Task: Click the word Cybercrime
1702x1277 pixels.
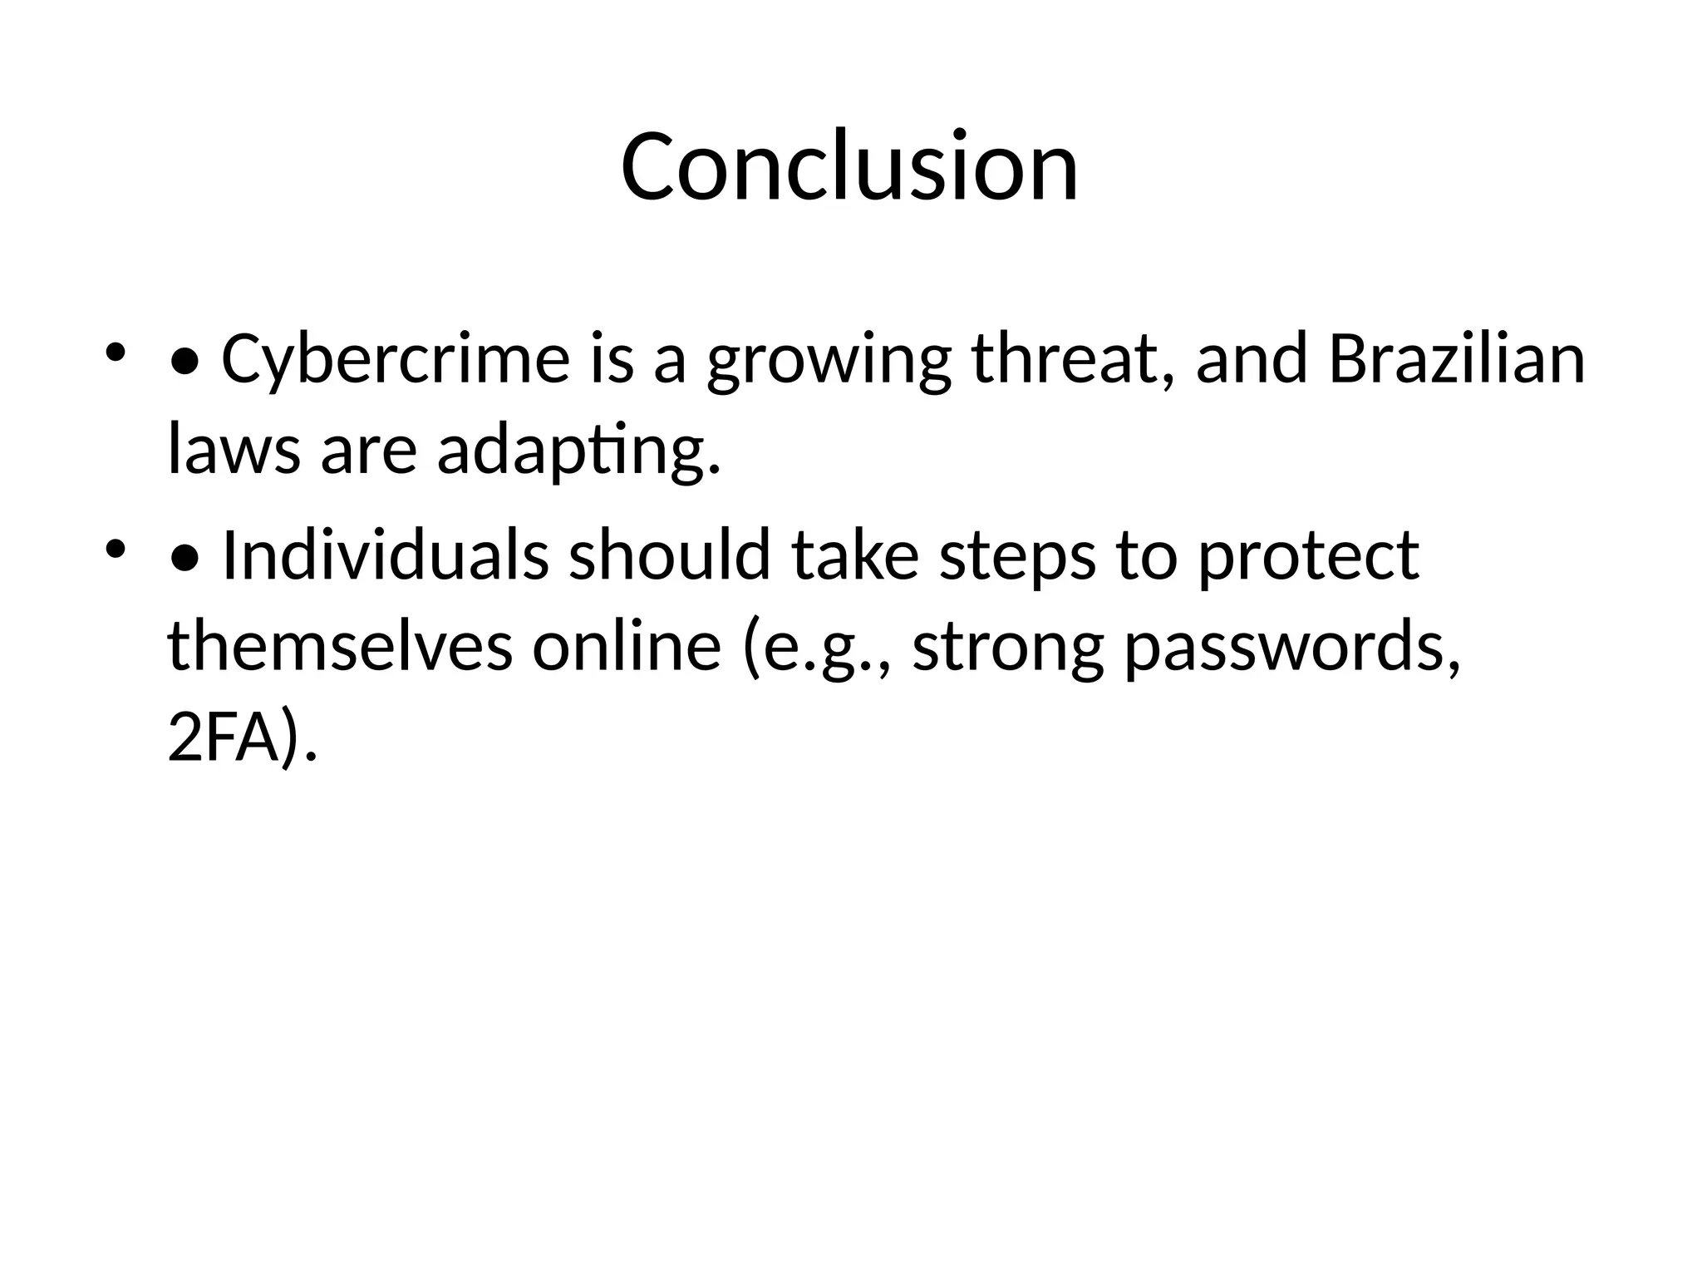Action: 396,359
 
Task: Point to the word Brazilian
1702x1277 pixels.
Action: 1457,359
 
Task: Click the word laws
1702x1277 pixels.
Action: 234,450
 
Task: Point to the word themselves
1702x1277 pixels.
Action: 340,647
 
